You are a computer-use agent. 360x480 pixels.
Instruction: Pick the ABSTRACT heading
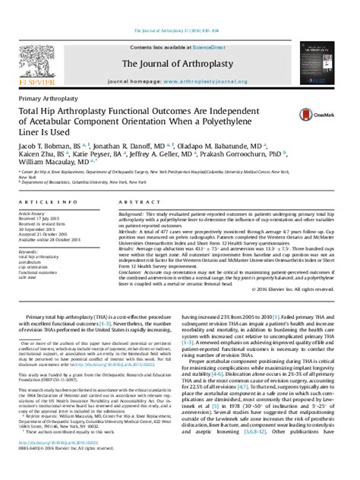click(x=133, y=203)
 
